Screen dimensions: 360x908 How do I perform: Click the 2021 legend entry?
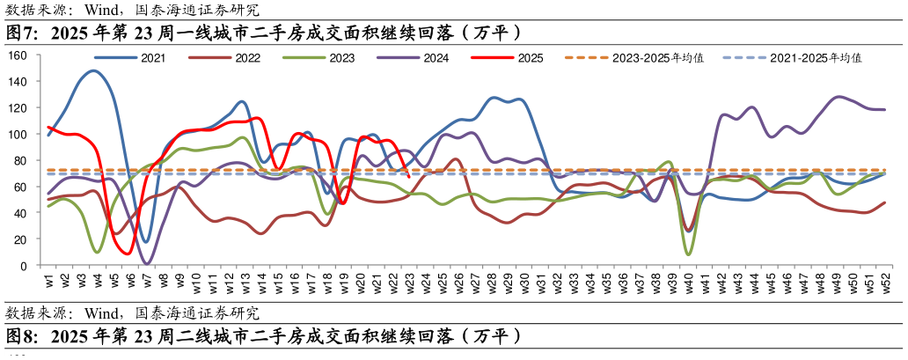150,58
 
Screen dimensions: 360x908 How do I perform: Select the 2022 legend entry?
247,58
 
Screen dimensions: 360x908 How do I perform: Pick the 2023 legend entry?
342,58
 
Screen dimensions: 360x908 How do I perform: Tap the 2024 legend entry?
436,58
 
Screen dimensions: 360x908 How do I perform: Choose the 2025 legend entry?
531,58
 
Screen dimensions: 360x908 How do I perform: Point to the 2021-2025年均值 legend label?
815,58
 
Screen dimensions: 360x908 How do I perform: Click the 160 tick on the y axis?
18,55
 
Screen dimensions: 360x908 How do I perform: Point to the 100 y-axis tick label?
18,134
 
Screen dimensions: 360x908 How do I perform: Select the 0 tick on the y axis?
25,266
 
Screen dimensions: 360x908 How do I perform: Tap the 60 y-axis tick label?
21,187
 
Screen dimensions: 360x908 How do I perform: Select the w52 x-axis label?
883,283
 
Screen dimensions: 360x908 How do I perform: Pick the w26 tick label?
458,283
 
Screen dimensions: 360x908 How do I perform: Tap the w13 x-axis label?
245,283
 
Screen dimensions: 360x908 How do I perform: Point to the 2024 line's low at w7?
147,263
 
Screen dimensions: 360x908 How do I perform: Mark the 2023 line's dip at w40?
688,254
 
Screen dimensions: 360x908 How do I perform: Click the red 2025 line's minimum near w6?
128,254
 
